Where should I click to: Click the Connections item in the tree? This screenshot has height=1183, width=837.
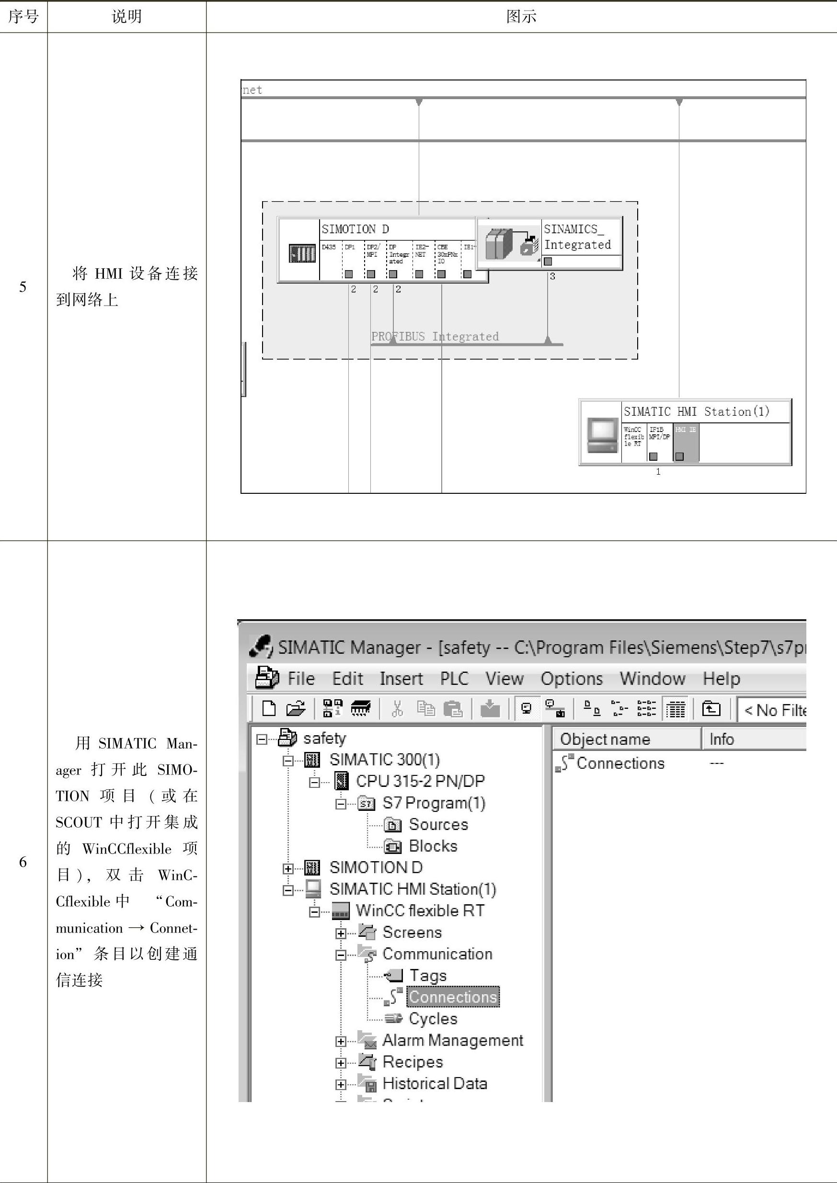point(452,997)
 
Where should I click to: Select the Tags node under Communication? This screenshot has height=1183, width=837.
point(427,975)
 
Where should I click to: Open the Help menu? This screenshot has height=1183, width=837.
point(721,679)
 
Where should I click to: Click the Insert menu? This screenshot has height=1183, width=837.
point(401,679)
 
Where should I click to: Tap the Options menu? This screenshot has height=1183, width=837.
point(571,679)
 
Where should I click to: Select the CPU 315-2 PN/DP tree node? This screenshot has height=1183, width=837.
point(420,781)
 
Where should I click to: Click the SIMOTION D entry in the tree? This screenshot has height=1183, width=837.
point(376,867)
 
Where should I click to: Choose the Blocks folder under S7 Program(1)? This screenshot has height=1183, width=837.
point(433,846)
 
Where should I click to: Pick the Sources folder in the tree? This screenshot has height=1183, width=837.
point(438,824)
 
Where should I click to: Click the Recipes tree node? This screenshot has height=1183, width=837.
point(413,1062)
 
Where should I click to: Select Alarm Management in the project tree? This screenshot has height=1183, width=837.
point(452,1040)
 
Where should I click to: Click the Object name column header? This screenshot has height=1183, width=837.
point(605,739)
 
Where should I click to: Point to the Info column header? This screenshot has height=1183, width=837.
point(722,739)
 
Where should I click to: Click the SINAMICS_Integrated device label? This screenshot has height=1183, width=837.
point(577,237)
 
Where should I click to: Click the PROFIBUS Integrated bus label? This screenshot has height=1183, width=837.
point(435,336)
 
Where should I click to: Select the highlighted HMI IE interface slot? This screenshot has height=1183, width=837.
point(686,443)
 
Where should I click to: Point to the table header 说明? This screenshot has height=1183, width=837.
point(127,16)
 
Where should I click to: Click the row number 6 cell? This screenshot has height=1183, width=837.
point(23,862)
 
